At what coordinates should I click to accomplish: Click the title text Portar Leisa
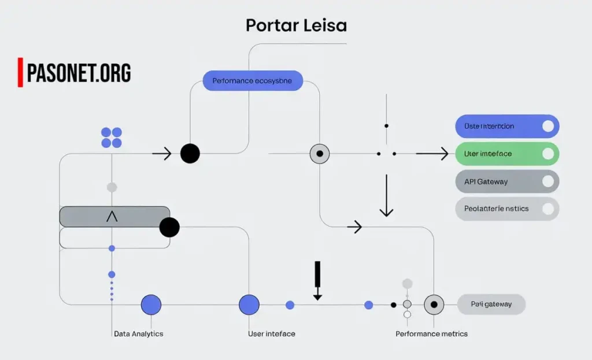point(296,26)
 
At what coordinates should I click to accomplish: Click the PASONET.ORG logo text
point(79,73)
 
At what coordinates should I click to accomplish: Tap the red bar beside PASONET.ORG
point(20,72)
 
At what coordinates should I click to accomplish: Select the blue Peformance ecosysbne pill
point(253,81)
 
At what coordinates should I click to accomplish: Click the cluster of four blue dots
point(112,138)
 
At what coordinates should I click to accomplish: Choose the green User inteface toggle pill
point(507,154)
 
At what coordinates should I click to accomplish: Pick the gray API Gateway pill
point(507,181)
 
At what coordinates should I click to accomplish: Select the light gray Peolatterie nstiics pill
point(507,209)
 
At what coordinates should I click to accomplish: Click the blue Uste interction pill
point(507,126)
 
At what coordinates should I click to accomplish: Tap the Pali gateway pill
point(491,304)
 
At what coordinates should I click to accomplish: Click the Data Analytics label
point(138,334)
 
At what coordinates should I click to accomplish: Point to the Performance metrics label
point(431,334)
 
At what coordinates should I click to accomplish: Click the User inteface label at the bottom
point(272,334)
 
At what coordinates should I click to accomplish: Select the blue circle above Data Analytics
point(151,305)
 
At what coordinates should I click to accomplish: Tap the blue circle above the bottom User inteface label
point(249,305)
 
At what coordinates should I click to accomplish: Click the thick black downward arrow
point(317,280)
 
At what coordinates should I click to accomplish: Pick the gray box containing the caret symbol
point(114,217)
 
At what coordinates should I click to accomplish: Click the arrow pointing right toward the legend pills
point(432,154)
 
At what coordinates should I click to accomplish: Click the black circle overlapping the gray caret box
point(169,227)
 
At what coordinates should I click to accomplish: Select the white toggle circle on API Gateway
point(548,181)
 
